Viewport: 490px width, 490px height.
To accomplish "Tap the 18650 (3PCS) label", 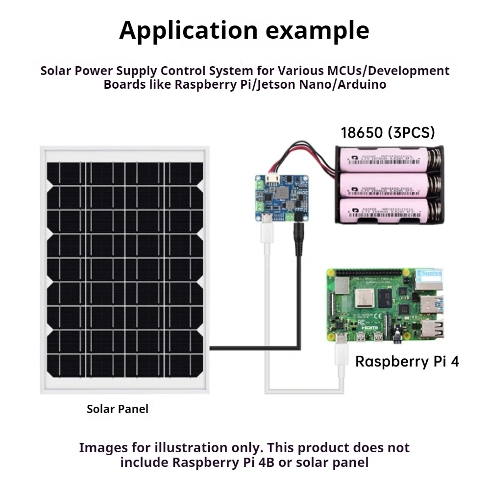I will [388, 133].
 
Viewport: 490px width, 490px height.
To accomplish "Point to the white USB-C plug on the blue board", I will [267, 229].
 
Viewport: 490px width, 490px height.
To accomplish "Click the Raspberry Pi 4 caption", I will [407, 362].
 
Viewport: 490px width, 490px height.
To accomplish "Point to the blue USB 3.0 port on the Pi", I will [433, 304].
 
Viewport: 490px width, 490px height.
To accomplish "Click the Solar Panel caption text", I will [117, 409].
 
